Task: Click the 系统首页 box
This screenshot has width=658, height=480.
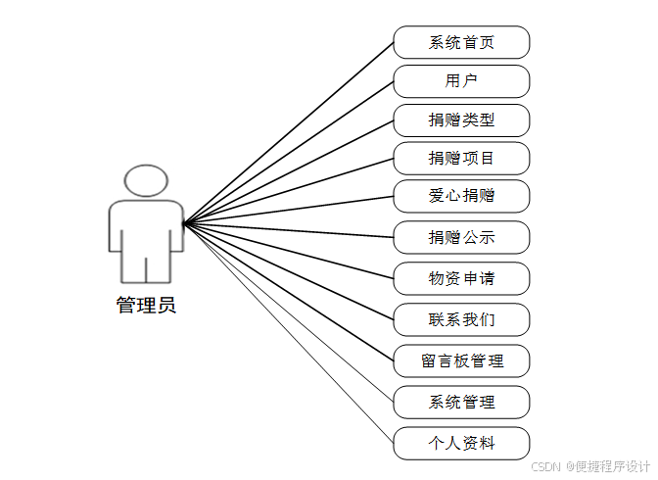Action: point(461,42)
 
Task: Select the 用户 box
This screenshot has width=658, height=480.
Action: point(461,81)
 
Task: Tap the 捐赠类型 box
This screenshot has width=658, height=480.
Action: point(461,120)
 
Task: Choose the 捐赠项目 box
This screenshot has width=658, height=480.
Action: point(461,158)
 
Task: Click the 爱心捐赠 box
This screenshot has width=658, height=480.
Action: point(461,196)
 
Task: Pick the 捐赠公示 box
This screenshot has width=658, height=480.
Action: point(461,237)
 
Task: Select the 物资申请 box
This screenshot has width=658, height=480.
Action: point(461,278)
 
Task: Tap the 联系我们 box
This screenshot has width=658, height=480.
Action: point(461,319)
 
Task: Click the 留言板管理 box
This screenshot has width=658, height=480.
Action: point(461,360)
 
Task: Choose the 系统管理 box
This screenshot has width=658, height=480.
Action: point(461,402)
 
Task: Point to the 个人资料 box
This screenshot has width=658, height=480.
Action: point(461,443)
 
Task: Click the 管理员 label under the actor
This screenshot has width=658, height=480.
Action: point(146,306)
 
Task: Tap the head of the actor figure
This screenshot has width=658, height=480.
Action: point(146,181)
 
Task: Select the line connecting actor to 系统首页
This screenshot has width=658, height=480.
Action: point(288,133)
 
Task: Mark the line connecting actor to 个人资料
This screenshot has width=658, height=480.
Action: point(288,333)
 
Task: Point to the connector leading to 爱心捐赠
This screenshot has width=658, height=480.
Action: point(288,210)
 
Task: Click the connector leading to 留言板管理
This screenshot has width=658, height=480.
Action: point(288,292)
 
